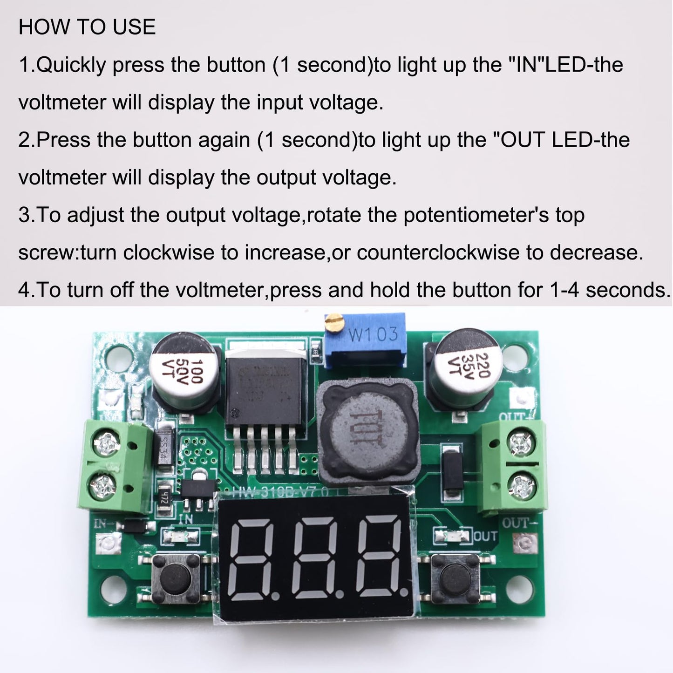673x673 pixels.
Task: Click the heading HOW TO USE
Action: [87, 27]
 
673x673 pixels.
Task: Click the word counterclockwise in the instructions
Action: [438, 252]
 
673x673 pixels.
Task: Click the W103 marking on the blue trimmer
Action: [373, 334]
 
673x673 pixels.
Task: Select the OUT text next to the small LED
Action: [485, 536]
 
